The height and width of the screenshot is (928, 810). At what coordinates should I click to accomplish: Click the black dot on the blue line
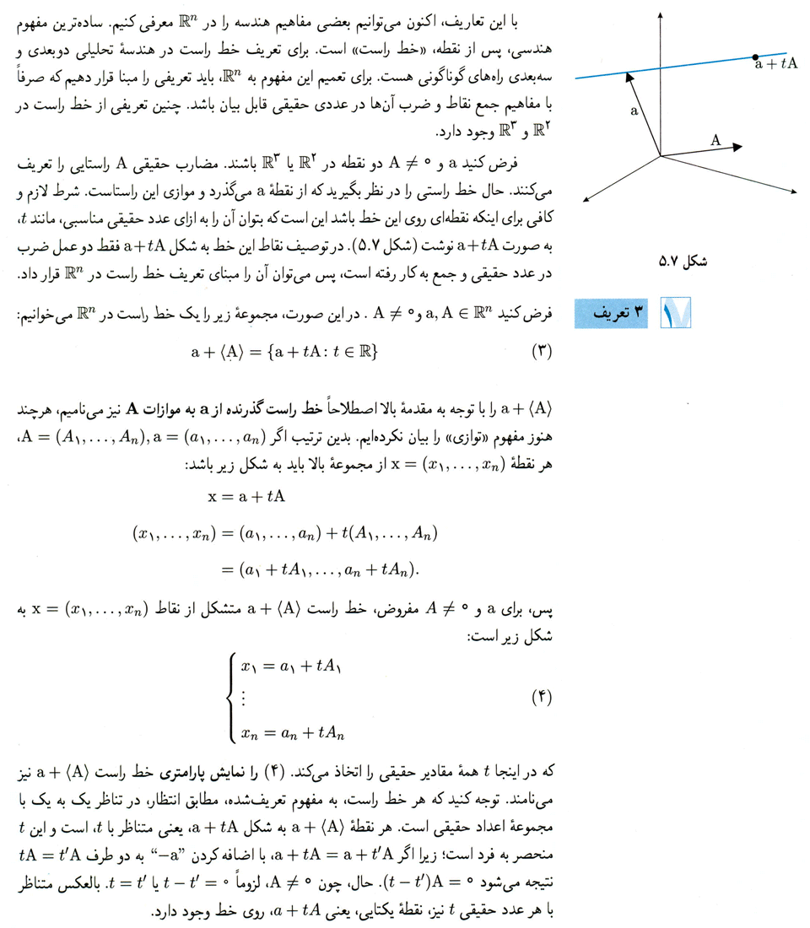tap(755, 57)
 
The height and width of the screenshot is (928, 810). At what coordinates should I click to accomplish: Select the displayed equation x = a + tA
tap(246, 497)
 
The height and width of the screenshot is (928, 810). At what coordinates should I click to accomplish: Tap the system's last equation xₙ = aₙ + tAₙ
tap(294, 733)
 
